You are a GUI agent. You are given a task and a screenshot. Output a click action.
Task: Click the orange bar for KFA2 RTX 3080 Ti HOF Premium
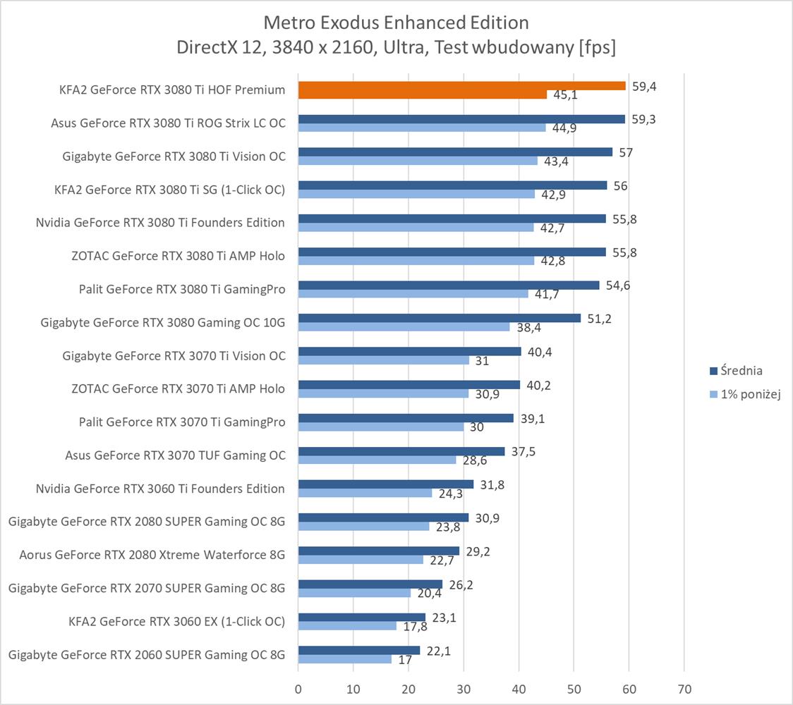(x=462, y=86)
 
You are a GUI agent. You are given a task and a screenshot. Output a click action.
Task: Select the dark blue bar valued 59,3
(x=461, y=119)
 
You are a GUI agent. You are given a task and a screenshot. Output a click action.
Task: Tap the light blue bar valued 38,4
(x=404, y=327)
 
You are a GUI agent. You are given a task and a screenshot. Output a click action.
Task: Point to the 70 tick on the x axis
(x=684, y=688)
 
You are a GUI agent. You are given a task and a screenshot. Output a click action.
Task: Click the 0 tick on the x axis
(x=298, y=688)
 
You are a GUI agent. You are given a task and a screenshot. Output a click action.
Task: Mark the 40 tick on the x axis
(x=519, y=688)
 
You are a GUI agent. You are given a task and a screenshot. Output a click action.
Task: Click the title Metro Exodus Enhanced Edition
(x=396, y=23)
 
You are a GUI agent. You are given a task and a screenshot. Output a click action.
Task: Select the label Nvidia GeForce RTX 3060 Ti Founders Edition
(x=160, y=489)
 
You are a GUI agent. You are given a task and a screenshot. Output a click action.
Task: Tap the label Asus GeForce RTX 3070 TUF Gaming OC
(x=175, y=455)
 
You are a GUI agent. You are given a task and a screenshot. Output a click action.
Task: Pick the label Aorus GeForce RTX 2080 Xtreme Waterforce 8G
(x=152, y=555)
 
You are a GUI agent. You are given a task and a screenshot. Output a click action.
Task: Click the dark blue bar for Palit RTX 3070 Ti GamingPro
(x=406, y=418)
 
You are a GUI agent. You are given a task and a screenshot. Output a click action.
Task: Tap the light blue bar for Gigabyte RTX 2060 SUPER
(x=345, y=659)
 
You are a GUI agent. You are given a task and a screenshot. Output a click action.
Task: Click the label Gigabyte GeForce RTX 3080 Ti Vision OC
(x=174, y=156)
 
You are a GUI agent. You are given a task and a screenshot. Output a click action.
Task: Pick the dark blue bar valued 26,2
(x=370, y=584)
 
